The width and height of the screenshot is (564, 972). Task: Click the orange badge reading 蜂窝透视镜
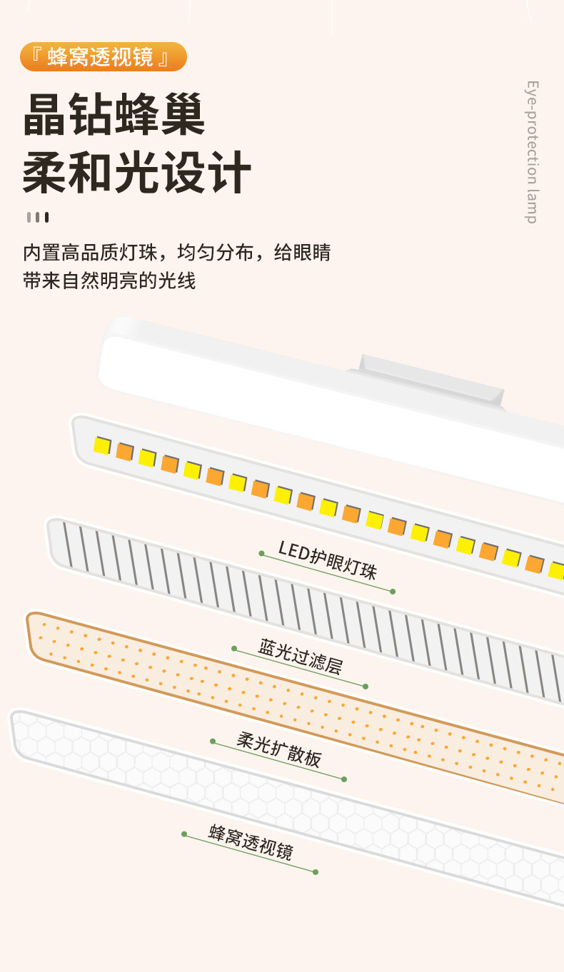coord(103,57)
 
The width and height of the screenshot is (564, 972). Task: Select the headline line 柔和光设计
coord(137,173)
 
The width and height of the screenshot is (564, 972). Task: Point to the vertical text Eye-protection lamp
coord(533,152)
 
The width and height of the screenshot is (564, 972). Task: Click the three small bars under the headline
coord(37,217)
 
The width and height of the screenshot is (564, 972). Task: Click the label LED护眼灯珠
coord(327,560)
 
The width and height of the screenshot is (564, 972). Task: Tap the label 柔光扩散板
coord(278,749)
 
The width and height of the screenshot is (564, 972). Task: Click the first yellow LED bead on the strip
coord(102,446)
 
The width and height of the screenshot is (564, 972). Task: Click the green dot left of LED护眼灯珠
coord(262,553)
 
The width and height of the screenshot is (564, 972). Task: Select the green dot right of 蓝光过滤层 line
coord(366,687)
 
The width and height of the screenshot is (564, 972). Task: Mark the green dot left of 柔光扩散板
coord(213,741)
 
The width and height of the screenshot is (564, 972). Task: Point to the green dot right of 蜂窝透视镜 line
coord(316,871)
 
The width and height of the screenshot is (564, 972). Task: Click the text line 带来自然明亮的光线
coord(109,280)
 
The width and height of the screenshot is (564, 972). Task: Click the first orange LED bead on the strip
coord(124,452)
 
